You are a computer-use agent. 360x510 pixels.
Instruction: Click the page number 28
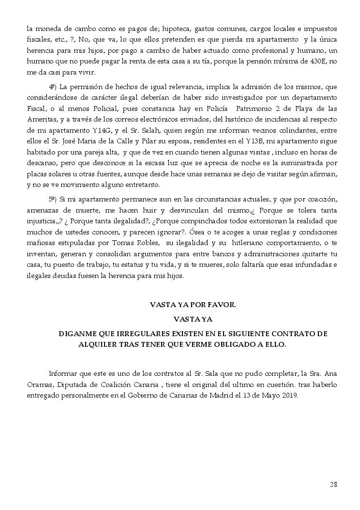333,484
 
